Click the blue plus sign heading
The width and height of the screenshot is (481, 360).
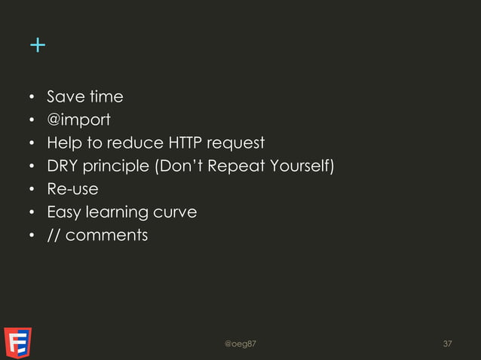[37, 46]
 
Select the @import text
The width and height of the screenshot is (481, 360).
[78, 120]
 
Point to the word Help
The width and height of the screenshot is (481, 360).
[63, 143]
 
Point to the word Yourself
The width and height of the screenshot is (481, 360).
[299, 166]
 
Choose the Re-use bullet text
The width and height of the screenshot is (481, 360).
[72, 189]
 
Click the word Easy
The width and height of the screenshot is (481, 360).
[63, 212]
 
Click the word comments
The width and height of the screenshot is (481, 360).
[106, 235]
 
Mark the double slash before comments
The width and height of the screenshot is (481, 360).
[54, 235]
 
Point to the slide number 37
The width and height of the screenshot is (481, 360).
[448, 344]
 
